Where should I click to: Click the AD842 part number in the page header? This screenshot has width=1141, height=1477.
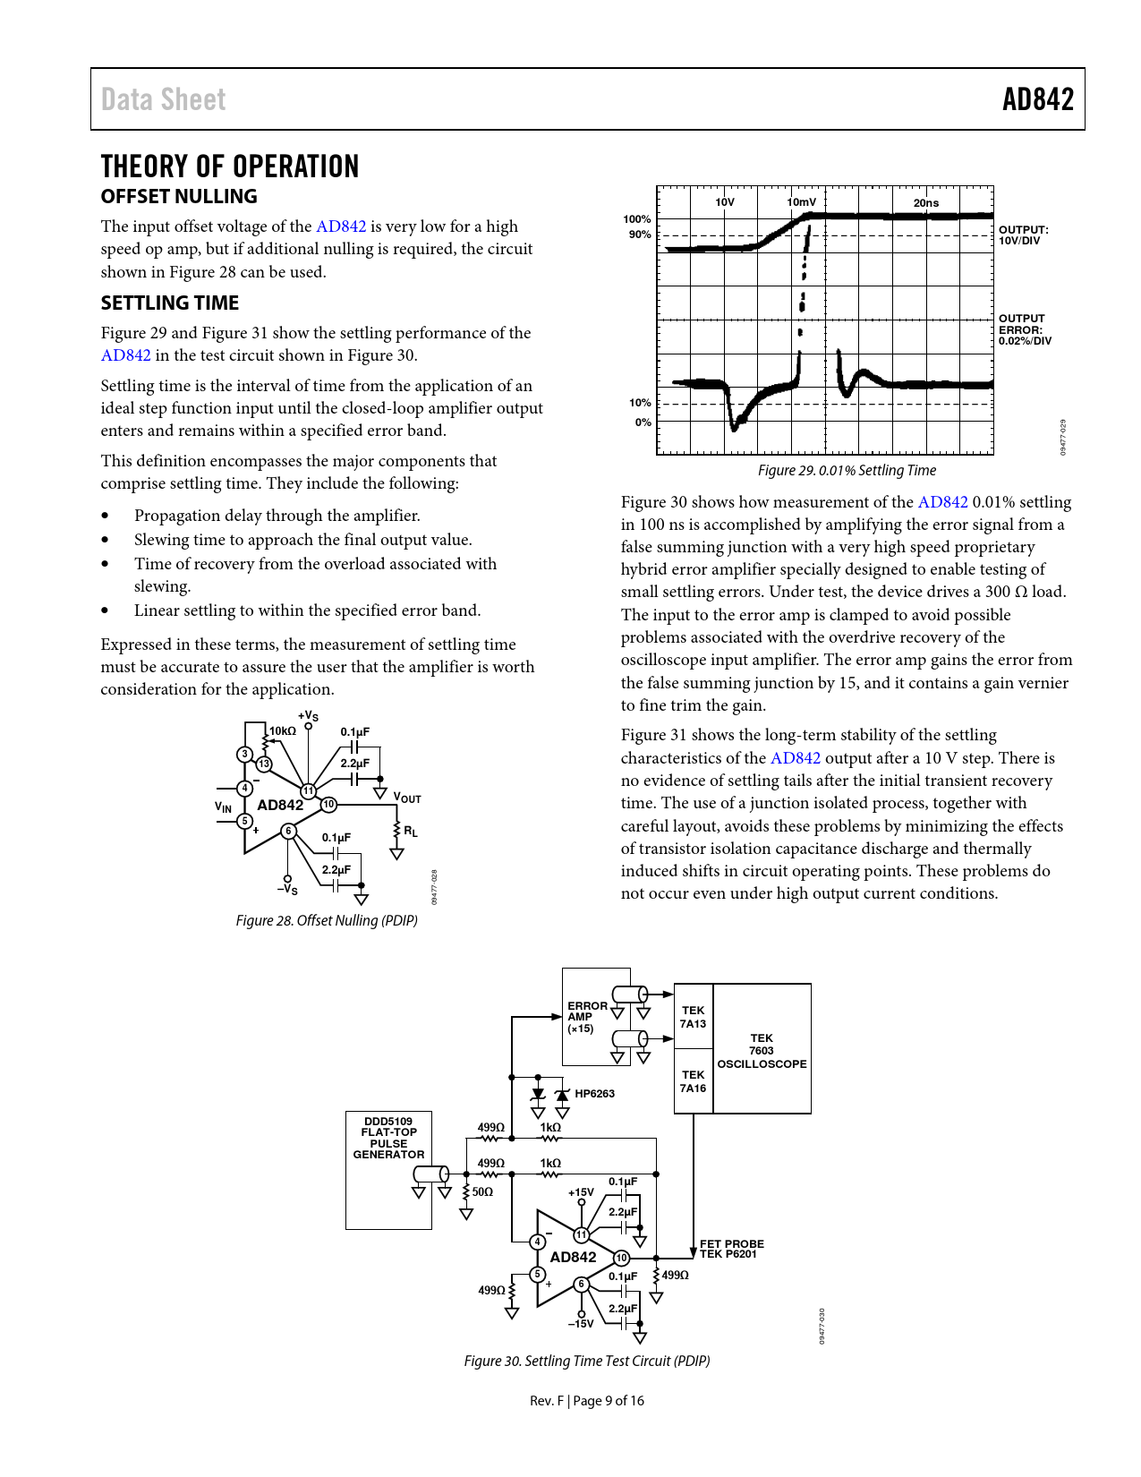1037,99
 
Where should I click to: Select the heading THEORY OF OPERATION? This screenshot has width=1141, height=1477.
230,166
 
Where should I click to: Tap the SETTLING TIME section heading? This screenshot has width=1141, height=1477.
170,303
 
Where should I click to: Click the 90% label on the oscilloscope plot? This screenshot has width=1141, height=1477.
640,235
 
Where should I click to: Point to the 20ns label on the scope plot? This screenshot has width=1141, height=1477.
926,203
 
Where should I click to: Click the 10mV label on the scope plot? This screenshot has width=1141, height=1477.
802,202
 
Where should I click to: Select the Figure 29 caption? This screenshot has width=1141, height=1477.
847,470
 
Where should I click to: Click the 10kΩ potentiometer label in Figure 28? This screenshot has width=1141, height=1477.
283,731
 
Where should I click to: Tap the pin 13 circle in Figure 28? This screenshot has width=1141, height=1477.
263,764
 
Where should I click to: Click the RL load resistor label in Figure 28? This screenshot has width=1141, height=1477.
411,832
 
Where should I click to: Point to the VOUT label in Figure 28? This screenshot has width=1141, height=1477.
407,798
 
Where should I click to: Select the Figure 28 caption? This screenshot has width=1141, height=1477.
327,920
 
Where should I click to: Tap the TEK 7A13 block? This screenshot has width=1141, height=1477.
693,1017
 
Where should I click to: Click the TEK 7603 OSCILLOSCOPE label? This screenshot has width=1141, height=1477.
762,1051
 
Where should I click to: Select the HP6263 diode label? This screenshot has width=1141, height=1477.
594,1094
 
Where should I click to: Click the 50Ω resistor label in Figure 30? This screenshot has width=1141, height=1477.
482,1192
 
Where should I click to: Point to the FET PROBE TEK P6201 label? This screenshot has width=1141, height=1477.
731,1249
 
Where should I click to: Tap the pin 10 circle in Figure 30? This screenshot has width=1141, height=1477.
621,1258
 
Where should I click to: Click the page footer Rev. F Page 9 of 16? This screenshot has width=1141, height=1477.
586,1401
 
